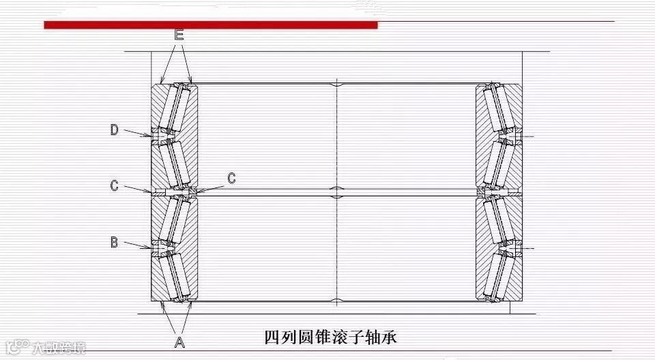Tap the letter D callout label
115,130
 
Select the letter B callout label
115,241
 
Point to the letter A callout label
179,342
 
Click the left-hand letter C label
115,185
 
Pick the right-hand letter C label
231,179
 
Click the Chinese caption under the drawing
330,337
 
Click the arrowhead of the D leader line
151,135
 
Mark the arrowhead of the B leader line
151,247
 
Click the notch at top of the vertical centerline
336,85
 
